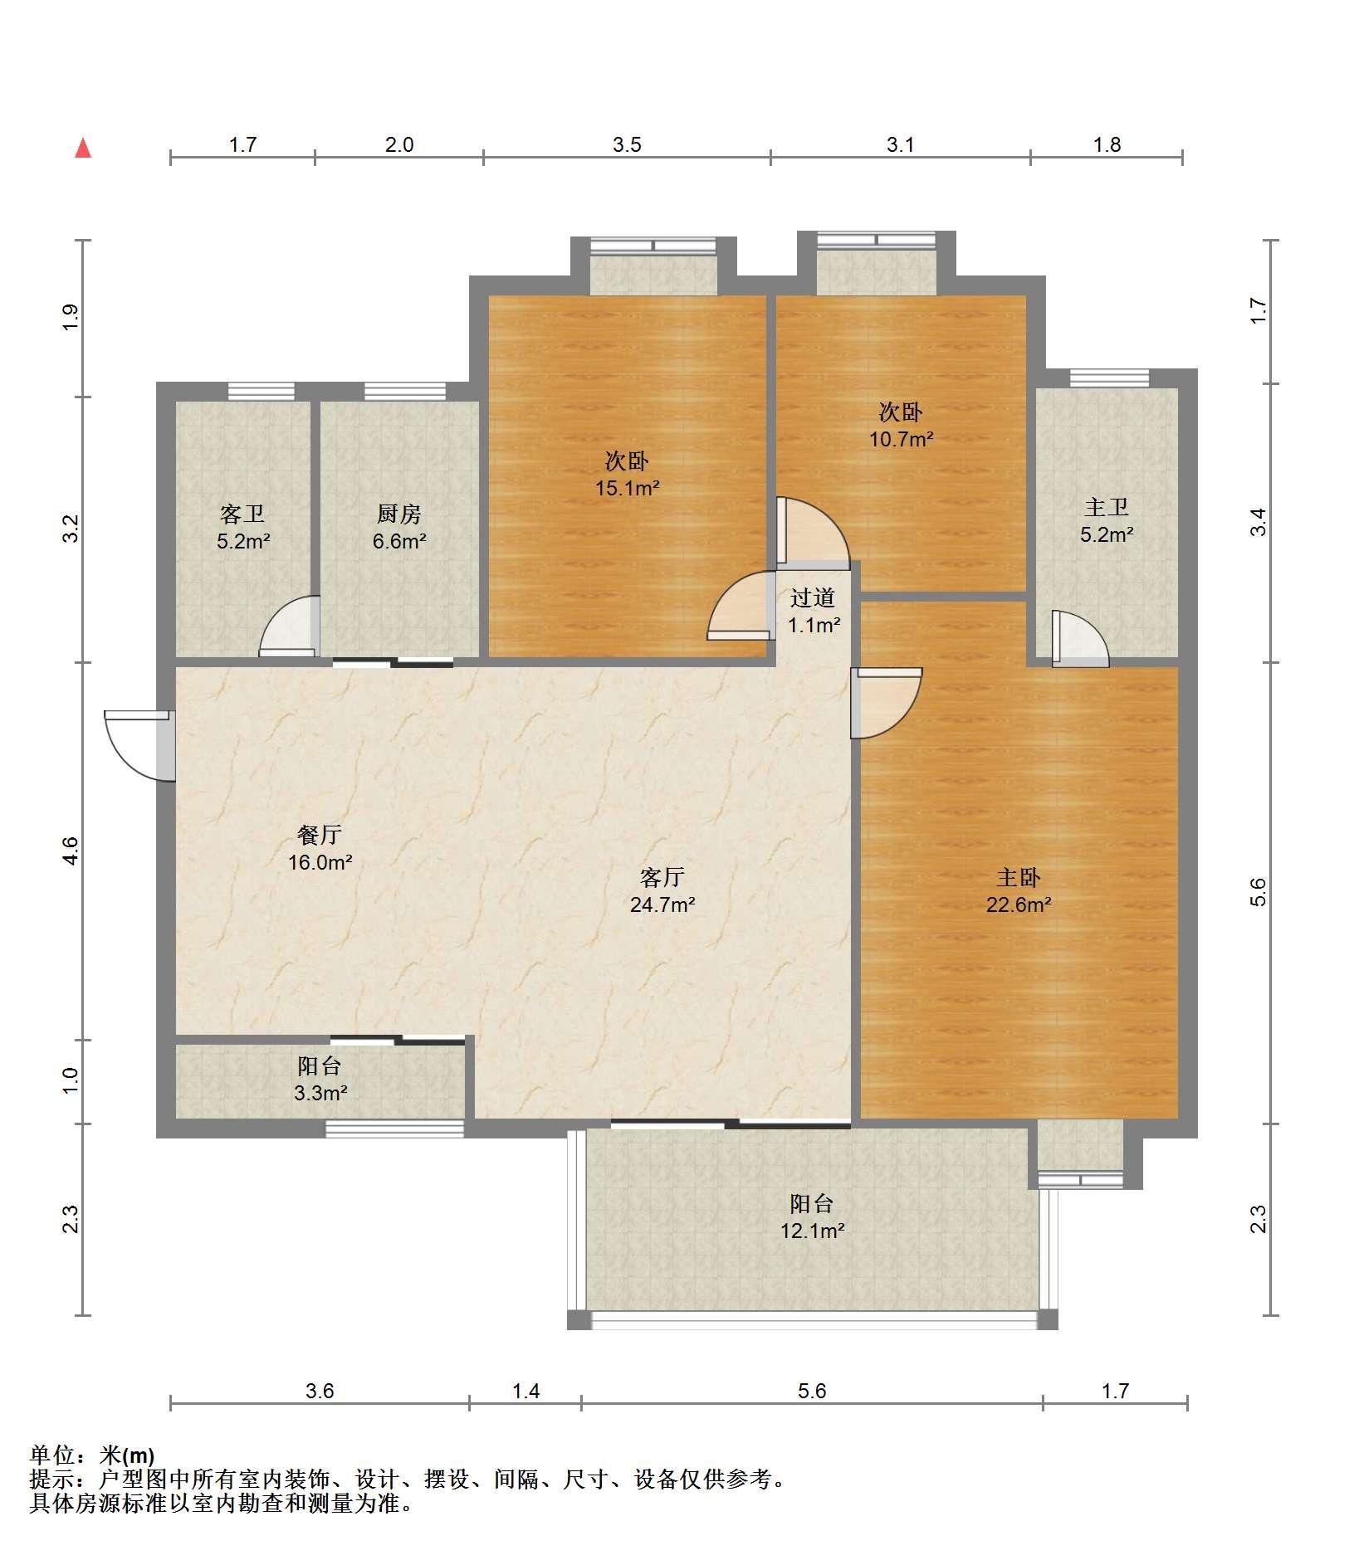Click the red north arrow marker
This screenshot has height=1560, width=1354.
[x=83, y=149]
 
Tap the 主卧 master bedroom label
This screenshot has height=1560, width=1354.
[x=1019, y=877]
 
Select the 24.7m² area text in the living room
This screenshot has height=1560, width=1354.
[x=662, y=904]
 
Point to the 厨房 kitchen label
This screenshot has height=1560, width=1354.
[x=398, y=514]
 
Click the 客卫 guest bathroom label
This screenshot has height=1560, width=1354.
[x=242, y=514]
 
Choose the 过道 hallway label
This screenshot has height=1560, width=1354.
[x=813, y=597]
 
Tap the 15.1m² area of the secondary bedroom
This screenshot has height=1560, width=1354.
[x=627, y=488]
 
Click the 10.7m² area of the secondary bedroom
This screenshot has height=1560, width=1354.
[x=902, y=438]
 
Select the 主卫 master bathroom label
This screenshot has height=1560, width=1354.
[x=1107, y=507]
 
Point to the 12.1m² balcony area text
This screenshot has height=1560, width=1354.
[x=812, y=1231]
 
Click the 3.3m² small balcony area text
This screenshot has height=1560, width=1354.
[x=320, y=1093]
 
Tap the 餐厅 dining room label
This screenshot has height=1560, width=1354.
[x=320, y=835]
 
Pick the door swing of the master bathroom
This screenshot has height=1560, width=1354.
[x=1080, y=639]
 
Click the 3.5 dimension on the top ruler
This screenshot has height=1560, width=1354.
[x=627, y=144]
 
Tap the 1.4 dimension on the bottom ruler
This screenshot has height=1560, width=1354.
[x=526, y=1390]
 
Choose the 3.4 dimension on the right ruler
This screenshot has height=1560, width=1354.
[x=1259, y=522]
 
